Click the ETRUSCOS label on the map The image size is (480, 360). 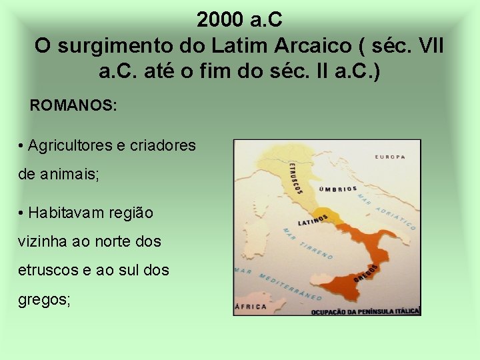point(295,178)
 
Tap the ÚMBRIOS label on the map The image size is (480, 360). point(338,189)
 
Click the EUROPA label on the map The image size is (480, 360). point(390,157)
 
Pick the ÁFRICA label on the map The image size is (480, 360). point(251,307)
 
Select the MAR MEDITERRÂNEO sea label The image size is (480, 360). point(279,283)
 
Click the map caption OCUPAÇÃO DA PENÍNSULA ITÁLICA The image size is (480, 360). point(365,311)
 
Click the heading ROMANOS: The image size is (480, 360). point(73,105)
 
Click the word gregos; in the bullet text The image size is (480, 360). point(44,299)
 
